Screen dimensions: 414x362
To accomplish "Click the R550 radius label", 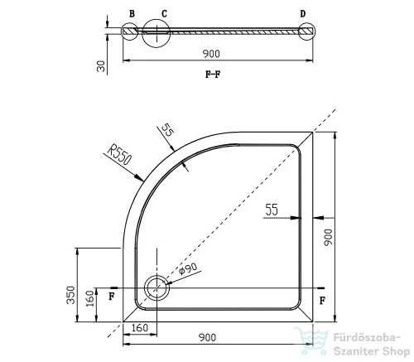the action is pyautogui.click(x=119, y=155).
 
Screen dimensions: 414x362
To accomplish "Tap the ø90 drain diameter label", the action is pyautogui.click(x=188, y=268).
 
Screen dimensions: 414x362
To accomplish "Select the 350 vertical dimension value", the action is pyautogui.click(x=71, y=295).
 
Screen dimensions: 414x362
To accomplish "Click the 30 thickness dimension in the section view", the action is pyautogui.click(x=101, y=66).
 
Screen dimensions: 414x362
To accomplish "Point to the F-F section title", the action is pyautogui.click(x=213, y=74).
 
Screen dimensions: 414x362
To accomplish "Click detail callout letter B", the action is pyautogui.click(x=132, y=13).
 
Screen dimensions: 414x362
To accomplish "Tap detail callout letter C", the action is pyautogui.click(x=164, y=13).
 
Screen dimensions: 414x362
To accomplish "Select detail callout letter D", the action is pyautogui.click(x=303, y=13).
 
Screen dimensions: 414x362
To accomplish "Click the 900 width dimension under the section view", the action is pyautogui.click(x=211, y=54).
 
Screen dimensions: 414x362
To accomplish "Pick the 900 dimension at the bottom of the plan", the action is pyautogui.click(x=207, y=337).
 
